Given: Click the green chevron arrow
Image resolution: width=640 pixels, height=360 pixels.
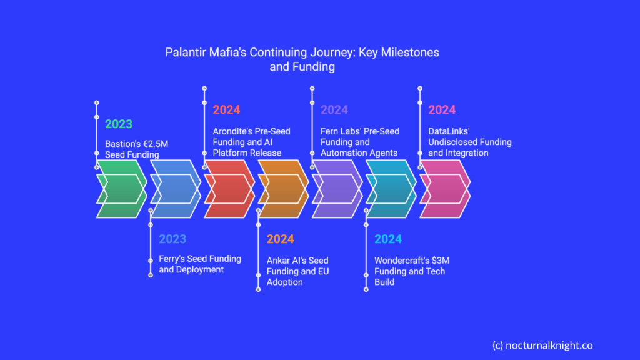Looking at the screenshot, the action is point(122,189).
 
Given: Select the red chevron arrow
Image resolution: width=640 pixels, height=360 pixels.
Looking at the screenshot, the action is point(230,189).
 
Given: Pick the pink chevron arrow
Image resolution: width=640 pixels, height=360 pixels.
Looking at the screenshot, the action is point(446,189).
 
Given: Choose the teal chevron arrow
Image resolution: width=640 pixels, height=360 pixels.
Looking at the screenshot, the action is point(392,189).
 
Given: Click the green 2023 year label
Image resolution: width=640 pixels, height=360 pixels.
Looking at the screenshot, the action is point(119,124).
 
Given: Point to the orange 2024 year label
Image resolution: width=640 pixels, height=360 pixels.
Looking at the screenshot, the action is point(281,239).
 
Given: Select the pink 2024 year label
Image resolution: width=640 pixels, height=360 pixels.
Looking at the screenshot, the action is point(442,110).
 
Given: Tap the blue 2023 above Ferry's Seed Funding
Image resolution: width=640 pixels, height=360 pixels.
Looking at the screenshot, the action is point(172,239).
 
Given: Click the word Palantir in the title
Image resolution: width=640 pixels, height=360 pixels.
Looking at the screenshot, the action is point(186,52).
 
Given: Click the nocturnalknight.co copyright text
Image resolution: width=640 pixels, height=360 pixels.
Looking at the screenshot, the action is point(542,346).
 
